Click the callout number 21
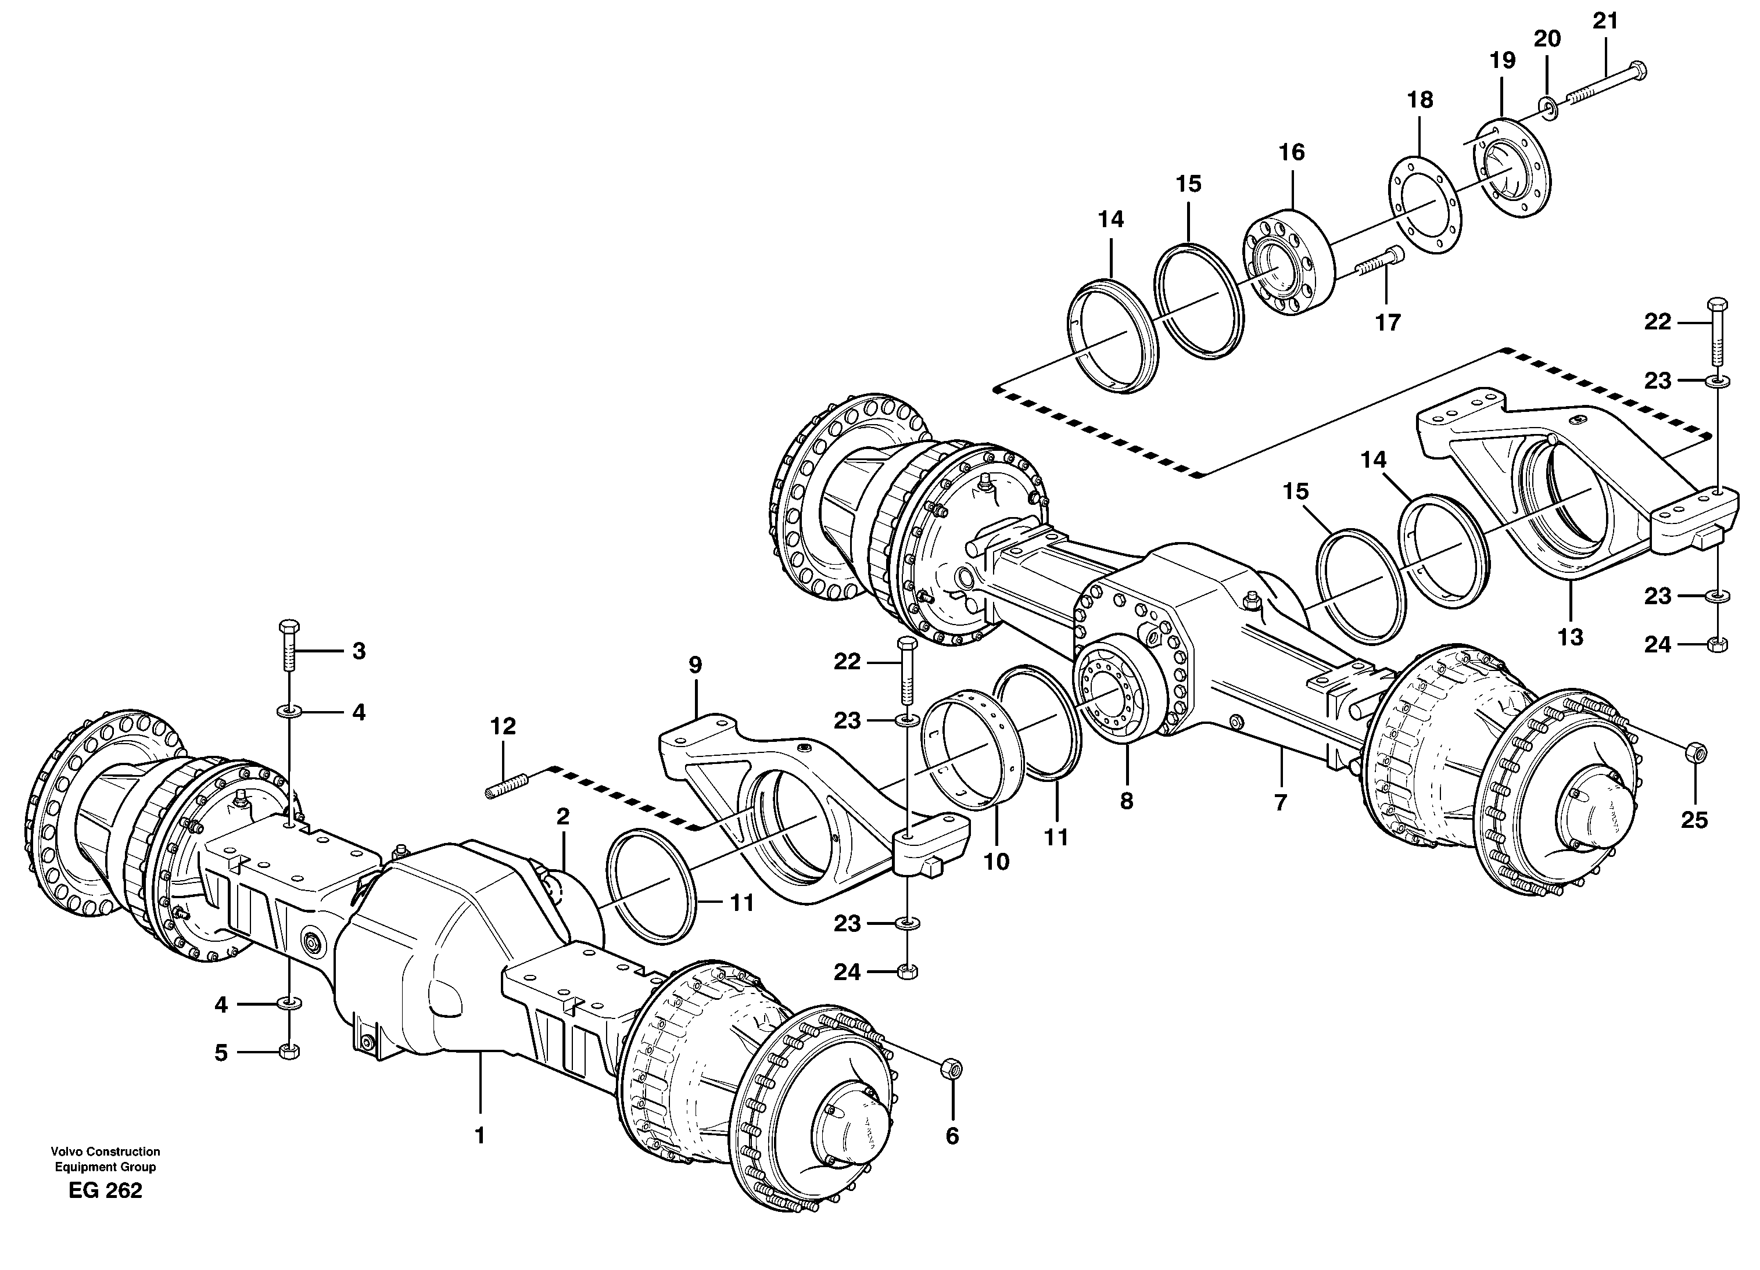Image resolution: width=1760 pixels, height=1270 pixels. coord(1605,21)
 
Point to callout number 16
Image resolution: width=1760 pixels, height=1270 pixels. coord(1292,152)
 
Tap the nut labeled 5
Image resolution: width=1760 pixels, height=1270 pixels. coord(289,1051)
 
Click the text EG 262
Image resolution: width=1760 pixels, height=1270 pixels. coord(106,1191)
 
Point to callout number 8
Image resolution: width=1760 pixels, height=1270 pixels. coord(1126,801)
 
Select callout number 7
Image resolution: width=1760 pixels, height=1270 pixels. coord(1281,801)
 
